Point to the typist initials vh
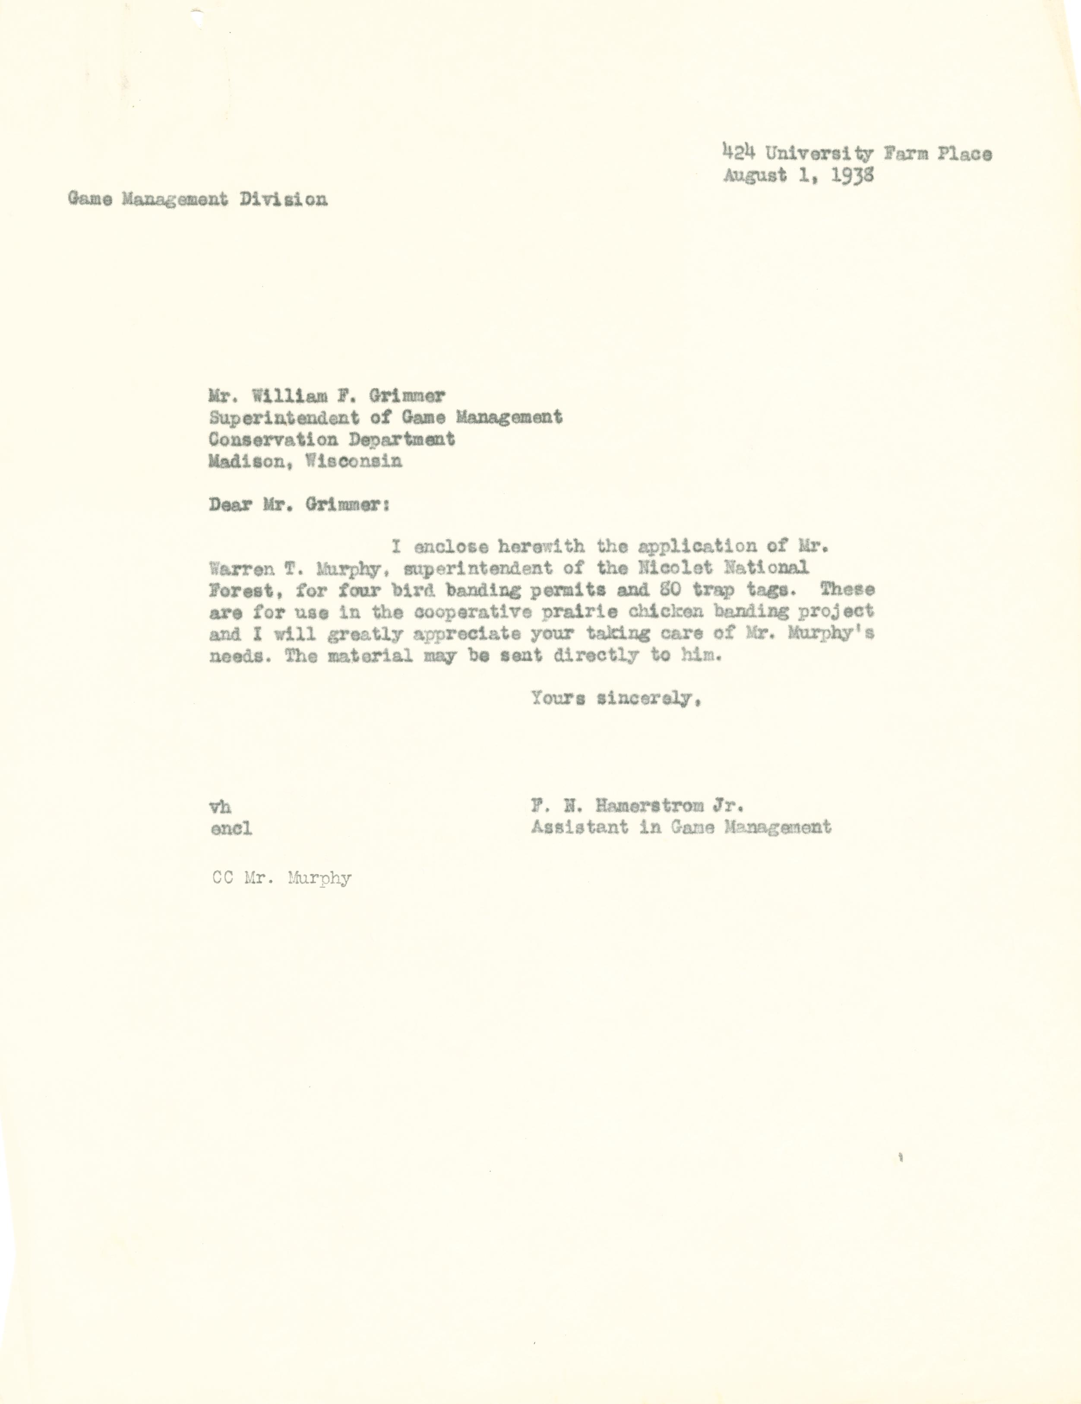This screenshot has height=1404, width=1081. click(221, 807)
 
